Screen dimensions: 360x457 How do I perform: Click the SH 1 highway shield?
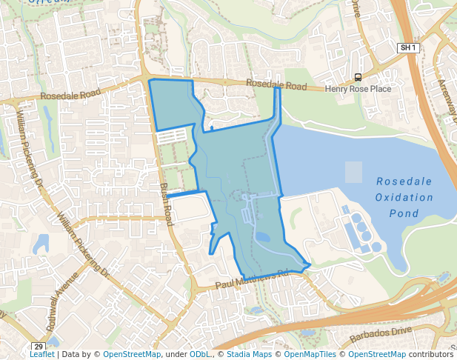(x=408, y=47)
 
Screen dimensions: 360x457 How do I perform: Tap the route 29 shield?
(x=39, y=346)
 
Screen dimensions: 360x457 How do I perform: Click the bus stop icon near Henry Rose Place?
(x=358, y=77)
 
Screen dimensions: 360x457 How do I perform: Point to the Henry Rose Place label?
(x=358, y=89)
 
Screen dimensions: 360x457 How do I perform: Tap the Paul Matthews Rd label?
(x=251, y=280)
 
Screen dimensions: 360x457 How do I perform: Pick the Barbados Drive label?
(x=402, y=330)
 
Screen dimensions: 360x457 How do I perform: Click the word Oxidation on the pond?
(x=404, y=198)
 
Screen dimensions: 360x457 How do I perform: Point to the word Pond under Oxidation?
(x=404, y=213)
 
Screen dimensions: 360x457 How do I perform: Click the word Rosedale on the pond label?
(x=404, y=181)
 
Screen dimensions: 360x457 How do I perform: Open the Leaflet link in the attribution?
(x=42, y=354)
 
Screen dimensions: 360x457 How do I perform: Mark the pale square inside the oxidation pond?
(x=354, y=172)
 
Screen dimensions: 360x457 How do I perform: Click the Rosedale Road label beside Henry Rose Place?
(x=276, y=85)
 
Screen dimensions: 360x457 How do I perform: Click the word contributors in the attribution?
(x=430, y=354)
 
